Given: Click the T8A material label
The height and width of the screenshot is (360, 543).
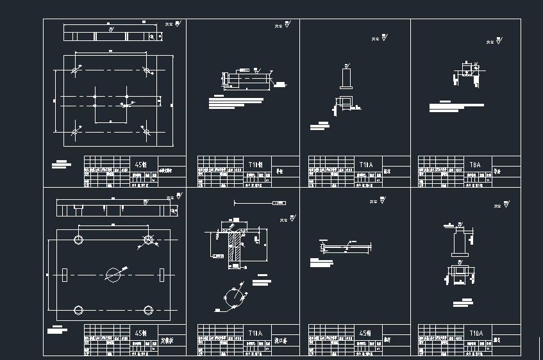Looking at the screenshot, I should click(x=475, y=165).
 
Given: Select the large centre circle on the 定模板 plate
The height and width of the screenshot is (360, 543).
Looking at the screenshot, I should click(x=113, y=274).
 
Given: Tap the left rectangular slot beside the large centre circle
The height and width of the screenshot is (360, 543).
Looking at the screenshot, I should click(x=65, y=274).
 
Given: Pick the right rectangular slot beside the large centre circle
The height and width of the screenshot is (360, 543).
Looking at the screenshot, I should click(x=162, y=274).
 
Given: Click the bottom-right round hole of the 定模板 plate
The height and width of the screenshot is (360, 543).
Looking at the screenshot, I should click(x=149, y=310).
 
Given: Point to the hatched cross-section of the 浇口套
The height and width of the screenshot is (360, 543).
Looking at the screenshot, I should click(x=235, y=247).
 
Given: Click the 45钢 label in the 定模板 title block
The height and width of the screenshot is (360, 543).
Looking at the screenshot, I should click(x=141, y=333).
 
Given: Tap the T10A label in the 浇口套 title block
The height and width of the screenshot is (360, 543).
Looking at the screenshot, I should click(x=255, y=333).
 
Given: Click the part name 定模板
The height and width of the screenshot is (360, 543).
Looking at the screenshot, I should click(x=167, y=341).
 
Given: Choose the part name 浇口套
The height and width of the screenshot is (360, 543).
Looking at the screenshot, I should click(x=280, y=341).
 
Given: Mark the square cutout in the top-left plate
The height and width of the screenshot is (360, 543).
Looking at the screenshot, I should click(x=111, y=102).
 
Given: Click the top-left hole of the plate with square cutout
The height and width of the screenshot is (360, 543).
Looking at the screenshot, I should click(x=77, y=69).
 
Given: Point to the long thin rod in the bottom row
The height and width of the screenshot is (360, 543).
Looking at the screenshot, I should click(x=346, y=247).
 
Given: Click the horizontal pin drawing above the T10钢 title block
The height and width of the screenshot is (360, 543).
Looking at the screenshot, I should click(x=245, y=80).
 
